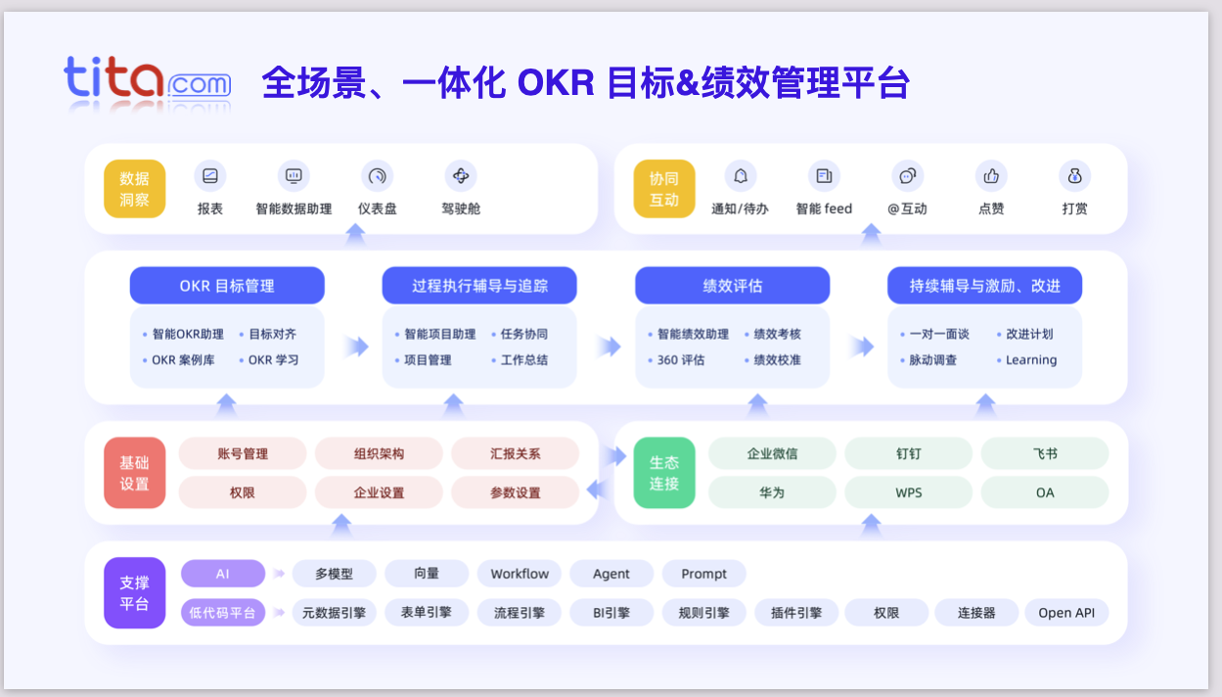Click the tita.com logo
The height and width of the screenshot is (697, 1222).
(x=148, y=81)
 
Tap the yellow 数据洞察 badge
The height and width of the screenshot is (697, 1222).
(x=135, y=190)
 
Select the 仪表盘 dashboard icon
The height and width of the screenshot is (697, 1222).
(x=377, y=176)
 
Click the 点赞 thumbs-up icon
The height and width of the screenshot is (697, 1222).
(x=991, y=176)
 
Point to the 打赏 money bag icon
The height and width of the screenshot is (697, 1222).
(x=1074, y=176)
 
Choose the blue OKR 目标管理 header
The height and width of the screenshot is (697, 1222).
(x=227, y=286)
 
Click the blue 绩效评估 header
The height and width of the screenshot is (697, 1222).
(x=732, y=286)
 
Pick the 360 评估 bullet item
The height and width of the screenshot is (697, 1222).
(x=674, y=360)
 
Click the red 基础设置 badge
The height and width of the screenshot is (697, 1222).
(x=135, y=473)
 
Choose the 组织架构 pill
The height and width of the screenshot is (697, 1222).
(x=379, y=454)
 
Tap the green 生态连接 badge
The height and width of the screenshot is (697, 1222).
(x=664, y=473)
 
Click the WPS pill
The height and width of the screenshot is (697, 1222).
(x=909, y=492)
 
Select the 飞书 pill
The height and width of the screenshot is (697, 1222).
(x=1045, y=454)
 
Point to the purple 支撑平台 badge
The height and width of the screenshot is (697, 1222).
(x=135, y=593)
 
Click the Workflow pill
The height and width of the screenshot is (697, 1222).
(x=520, y=574)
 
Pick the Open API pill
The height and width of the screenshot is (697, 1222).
(x=1066, y=613)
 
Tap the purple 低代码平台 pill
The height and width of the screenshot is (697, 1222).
(x=223, y=613)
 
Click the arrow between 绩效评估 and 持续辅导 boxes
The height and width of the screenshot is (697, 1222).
(x=860, y=347)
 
